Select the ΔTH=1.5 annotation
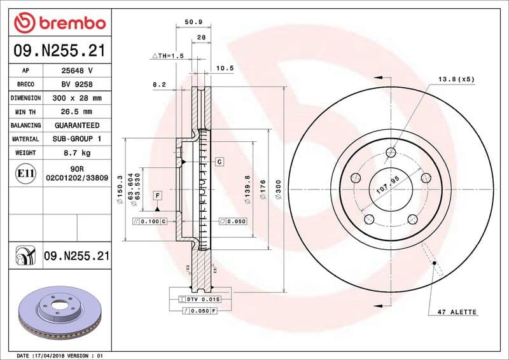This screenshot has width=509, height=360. (167, 56)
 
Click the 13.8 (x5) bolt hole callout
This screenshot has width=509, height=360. (456, 79)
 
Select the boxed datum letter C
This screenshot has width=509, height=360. (219, 162)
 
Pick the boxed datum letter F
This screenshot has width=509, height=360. (157, 194)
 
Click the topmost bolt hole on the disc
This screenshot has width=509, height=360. (391, 152)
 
